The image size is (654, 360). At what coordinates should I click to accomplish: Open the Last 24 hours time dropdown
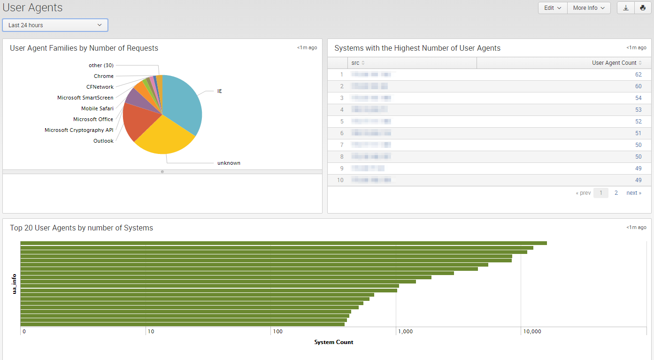[x=55, y=25]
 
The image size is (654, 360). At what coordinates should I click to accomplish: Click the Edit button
[x=552, y=8]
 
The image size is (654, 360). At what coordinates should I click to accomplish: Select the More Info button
[x=589, y=8]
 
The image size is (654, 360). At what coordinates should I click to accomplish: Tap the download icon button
[x=626, y=8]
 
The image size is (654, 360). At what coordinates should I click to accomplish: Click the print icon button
[x=643, y=8]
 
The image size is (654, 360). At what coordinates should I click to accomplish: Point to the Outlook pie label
[x=103, y=141]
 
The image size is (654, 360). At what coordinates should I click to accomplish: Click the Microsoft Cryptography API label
[x=79, y=130]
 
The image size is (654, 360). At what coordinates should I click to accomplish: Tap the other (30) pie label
[x=101, y=65]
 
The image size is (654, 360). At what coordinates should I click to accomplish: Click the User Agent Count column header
[x=614, y=63]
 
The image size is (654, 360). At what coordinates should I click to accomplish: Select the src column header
[x=355, y=63]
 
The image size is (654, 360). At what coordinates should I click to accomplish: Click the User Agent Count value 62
[x=638, y=75]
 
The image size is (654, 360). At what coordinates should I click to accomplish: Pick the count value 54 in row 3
[x=638, y=98]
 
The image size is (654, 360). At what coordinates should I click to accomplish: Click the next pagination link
[x=633, y=193]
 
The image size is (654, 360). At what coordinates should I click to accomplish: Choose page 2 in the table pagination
[x=616, y=193]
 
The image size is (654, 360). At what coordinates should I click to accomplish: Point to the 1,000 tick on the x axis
[x=405, y=331]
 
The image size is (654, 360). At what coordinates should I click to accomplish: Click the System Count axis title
[x=333, y=342]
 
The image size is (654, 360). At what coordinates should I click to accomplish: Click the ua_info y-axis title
[x=15, y=284]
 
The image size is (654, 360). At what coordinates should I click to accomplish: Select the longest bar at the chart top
[x=284, y=243]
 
